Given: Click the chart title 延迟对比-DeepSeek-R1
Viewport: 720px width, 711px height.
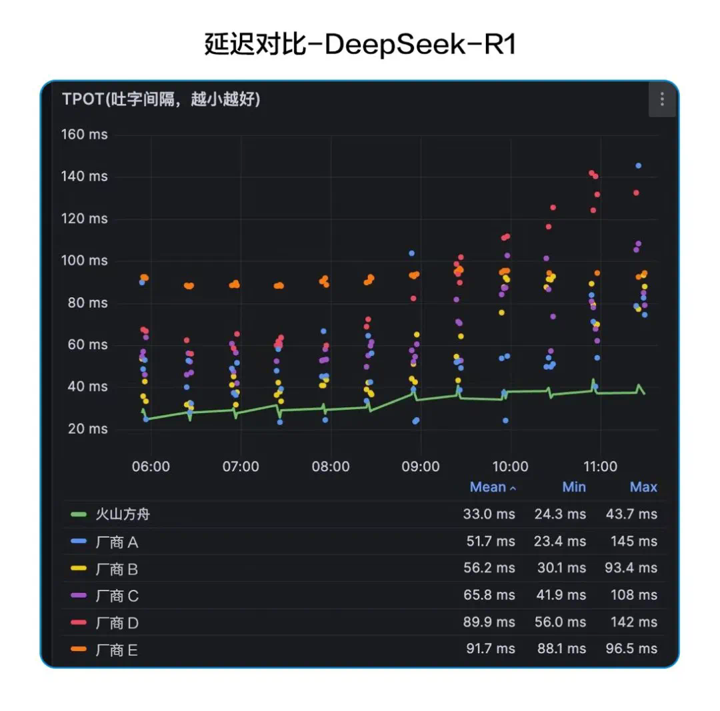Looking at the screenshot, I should click(x=360, y=45).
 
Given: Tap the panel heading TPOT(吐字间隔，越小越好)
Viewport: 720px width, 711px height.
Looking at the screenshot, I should click(x=161, y=100).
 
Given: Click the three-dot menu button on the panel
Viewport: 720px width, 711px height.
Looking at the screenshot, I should click(x=661, y=99).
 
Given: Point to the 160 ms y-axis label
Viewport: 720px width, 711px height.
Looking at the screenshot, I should click(x=85, y=135).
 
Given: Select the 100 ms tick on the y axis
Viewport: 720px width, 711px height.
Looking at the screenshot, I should click(x=85, y=261).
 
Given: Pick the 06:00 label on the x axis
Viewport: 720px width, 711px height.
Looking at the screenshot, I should click(x=151, y=466).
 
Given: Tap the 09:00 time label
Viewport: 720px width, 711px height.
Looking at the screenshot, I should click(x=421, y=466).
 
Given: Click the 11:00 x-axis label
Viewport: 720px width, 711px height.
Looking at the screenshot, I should click(x=600, y=466).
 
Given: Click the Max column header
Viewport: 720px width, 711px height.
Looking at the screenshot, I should click(x=643, y=487).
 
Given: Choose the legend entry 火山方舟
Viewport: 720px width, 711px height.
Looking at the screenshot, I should click(x=127, y=514).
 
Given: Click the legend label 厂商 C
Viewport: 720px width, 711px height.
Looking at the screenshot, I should click(x=117, y=596).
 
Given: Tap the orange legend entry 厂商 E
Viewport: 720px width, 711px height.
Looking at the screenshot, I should click(x=117, y=650).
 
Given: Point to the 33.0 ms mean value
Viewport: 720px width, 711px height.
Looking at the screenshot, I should click(x=489, y=514).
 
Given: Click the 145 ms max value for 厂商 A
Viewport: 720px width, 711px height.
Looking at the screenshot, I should click(x=634, y=542).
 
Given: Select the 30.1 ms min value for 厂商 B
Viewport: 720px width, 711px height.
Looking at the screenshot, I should click(x=560, y=568).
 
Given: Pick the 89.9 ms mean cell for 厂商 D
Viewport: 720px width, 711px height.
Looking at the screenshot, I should click(x=489, y=622).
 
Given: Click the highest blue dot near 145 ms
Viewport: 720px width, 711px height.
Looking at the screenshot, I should click(x=638, y=165).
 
